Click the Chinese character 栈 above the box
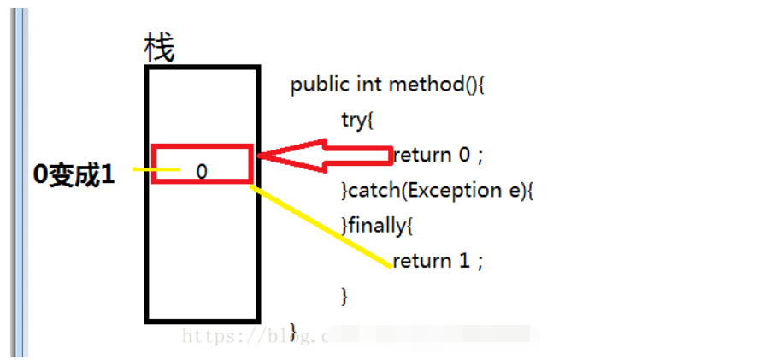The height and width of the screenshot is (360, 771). (x=159, y=50)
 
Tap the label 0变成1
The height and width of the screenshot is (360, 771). (x=74, y=174)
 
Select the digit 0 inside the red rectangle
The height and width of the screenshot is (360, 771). (x=202, y=172)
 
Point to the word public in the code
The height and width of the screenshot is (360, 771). (x=315, y=86)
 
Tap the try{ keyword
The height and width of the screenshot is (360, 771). (x=357, y=121)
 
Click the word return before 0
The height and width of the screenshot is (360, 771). (x=421, y=155)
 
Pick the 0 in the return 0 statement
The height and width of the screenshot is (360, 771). (x=464, y=155)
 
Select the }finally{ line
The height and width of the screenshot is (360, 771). (x=377, y=225)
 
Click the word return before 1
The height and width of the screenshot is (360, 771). (x=421, y=260)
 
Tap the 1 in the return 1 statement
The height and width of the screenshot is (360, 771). (x=465, y=260)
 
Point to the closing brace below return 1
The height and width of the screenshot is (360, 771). (x=345, y=296)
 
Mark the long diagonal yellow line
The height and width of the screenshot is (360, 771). (x=321, y=226)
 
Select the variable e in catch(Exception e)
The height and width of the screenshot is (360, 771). (x=515, y=190)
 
